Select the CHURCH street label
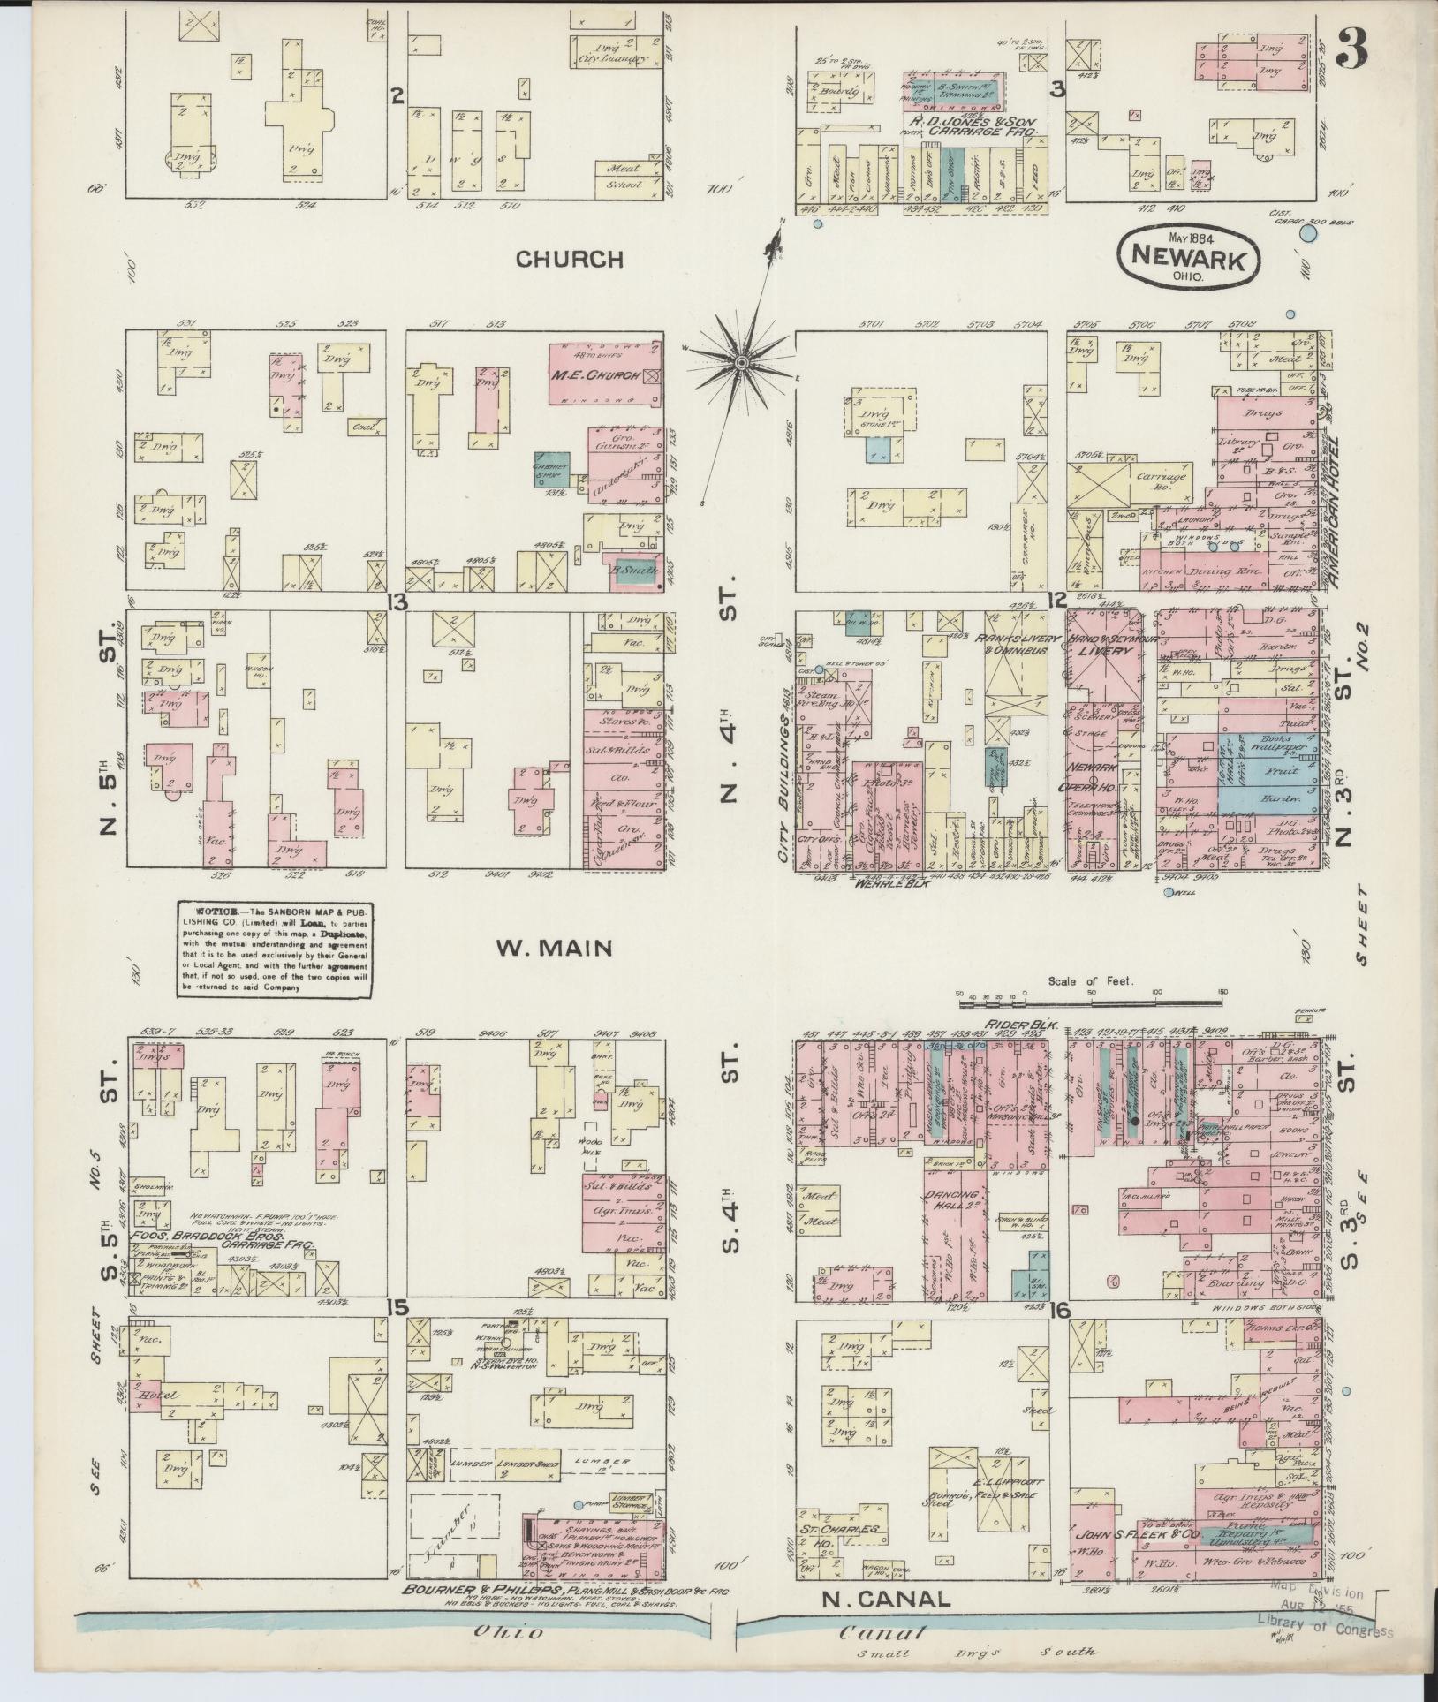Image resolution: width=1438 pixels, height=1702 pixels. (x=569, y=259)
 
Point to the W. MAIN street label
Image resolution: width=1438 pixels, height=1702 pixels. (x=553, y=948)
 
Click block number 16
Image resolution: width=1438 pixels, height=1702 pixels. (x=1060, y=1335)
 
